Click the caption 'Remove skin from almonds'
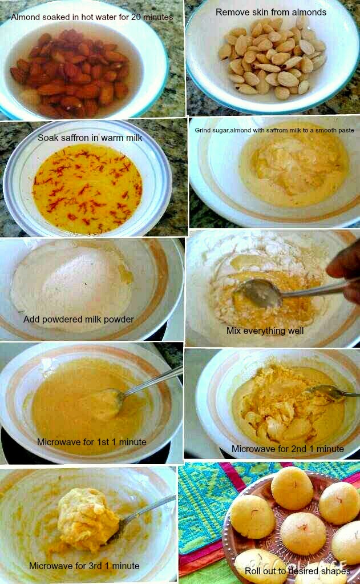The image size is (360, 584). click(271, 11)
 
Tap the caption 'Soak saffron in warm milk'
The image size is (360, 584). click(90, 138)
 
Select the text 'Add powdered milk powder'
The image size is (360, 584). click(79, 319)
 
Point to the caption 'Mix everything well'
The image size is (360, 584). click(265, 331)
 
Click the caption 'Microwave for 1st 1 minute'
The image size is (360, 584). click(92, 441)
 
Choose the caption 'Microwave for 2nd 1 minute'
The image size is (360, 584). click(288, 449)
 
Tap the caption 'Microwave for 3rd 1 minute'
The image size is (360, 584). click(84, 566)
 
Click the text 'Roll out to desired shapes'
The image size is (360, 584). click(297, 571)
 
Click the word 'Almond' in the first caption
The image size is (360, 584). click(26, 17)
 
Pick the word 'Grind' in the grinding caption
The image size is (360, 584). click(204, 130)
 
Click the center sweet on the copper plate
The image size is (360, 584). click(304, 533)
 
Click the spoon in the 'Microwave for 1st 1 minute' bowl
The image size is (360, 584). click(114, 397)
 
